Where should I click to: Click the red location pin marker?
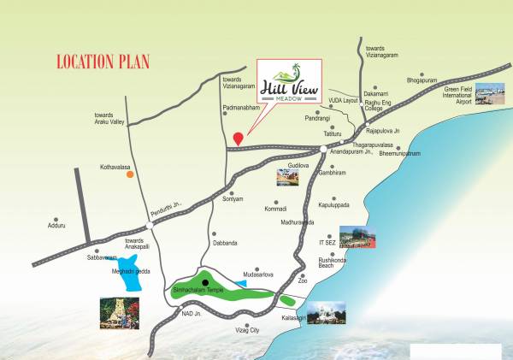coord(239,136)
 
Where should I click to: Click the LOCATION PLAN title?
coord(103,62)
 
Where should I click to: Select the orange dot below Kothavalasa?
coord(130,174)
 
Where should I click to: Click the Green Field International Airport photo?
coord(490,93)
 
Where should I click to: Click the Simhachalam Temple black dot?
coord(205,281)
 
